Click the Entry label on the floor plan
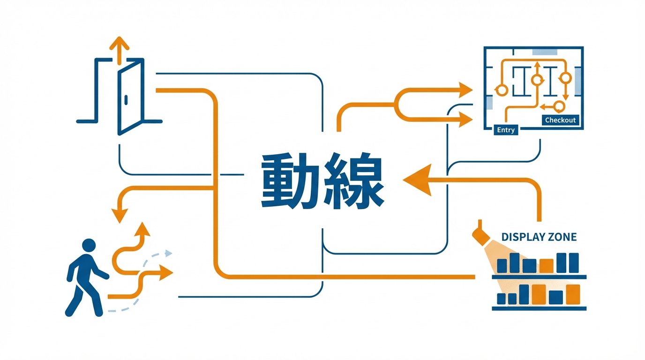(x=506, y=130)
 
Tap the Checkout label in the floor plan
(x=560, y=120)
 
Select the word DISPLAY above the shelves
(x=521, y=237)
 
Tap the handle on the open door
(x=126, y=99)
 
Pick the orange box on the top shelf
(x=546, y=266)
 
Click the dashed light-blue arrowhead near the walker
(x=167, y=254)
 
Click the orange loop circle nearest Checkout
(x=559, y=105)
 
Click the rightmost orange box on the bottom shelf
(x=573, y=294)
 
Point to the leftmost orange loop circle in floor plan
(x=502, y=90)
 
